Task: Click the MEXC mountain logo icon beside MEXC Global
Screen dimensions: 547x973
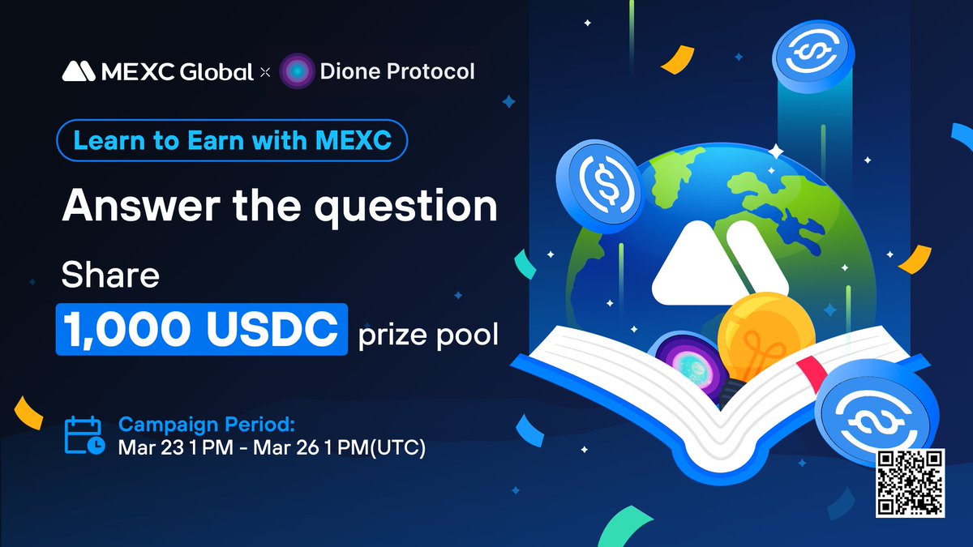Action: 79,72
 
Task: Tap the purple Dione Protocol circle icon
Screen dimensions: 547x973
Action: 297,72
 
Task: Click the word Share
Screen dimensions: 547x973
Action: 110,277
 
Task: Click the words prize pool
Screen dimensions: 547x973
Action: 428,333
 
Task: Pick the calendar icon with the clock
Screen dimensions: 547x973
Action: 83,434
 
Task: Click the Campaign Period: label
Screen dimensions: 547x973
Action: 207,425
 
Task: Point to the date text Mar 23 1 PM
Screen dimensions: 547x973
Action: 168,447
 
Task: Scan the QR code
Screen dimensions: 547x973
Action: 911,483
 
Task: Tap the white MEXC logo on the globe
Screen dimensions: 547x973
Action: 720,263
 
